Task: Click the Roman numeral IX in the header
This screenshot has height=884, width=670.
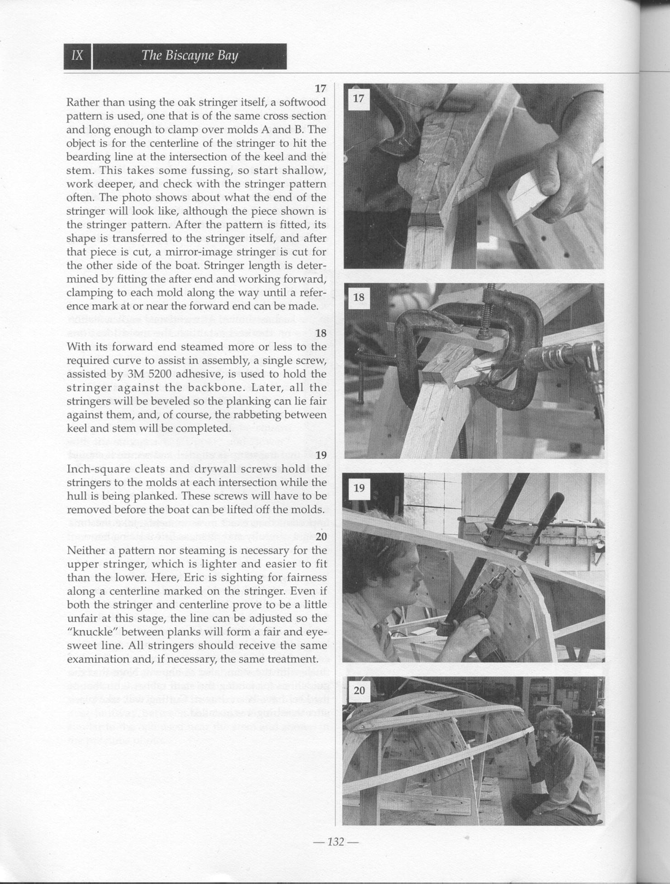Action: (x=77, y=56)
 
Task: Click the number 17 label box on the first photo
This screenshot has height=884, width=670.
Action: (x=358, y=98)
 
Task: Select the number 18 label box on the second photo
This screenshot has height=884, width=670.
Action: (x=358, y=297)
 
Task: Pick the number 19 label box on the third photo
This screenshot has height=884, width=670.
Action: (x=359, y=488)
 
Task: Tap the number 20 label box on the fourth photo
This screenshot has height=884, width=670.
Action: (x=359, y=690)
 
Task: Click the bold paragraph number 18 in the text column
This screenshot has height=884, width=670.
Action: (x=321, y=333)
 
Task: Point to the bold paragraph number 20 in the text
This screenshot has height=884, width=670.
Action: (x=321, y=537)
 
